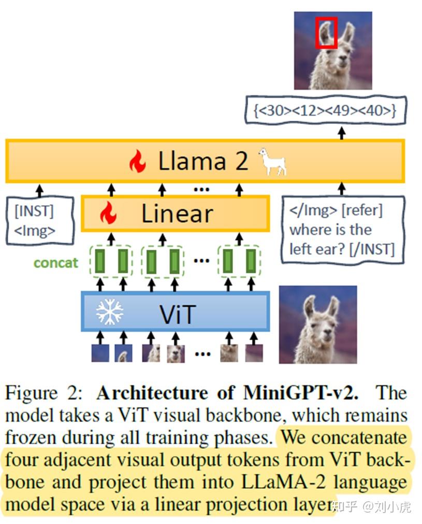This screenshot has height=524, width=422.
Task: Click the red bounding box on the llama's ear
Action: click(x=327, y=33)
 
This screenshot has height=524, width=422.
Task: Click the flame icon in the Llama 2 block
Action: click(x=138, y=161)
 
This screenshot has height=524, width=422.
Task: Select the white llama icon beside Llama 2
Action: click(x=272, y=161)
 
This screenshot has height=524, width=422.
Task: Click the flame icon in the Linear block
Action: click(x=108, y=213)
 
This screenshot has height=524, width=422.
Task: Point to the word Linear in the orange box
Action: click(x=178, y=214)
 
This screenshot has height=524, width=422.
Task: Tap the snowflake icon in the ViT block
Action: click(x=109, y=311)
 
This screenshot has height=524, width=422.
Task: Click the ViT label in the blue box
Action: click(x=178, y=312)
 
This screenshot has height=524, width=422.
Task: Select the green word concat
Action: click(x=55, y=263)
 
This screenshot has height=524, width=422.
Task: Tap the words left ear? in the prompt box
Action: click(x=319, y=250)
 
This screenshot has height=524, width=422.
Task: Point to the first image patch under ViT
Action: click(x=100, y=353)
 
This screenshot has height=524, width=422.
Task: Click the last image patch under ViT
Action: click(x=254, y=353)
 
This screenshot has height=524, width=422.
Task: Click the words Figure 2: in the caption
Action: click(x=43, y=393)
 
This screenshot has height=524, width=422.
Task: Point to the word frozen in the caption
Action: click(x=33, y=437)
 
